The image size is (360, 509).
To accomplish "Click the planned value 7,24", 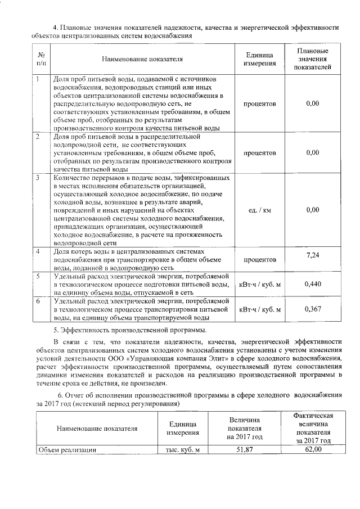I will [x=312, y=256].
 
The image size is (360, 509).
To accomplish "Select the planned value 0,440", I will [x=312, y=284].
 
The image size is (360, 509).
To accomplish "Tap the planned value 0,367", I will [x=312, y=309].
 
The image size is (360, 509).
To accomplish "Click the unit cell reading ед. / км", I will [x=259, y=210].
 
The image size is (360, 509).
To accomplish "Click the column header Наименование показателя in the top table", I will [x=143, y=58].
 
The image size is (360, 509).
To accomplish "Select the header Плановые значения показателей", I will [x=312, y=58].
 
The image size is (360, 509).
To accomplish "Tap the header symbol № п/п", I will [x=40, y=58].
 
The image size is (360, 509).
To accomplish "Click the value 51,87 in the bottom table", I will [x=244, y=449].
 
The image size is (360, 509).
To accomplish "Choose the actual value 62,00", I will [x=312, y=449].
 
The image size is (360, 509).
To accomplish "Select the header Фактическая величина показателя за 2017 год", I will [x=312, y=428].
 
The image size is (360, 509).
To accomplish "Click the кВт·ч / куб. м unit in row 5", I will [x=259, y=285].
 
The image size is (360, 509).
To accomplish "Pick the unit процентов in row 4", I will [x=259, y=260].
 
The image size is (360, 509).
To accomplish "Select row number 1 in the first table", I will [x=37, y=79].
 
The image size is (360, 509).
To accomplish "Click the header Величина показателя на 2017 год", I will [x=244, y=428].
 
